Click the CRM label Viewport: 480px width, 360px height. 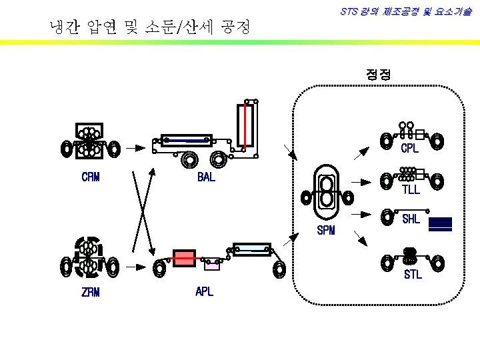pyautogui.click(x=91, y=177)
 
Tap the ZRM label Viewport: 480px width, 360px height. pyautogui.click(x=91, y=291)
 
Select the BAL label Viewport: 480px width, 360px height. pyautogui.click(x=206, y=178)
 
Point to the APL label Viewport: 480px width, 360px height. pyautogui.click(x=204, y=291)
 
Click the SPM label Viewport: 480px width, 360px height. pyautogui.click(x=326, y=231)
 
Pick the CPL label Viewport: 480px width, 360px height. pyautogui.click(x=409, y=149)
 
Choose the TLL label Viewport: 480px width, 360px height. pyautogui.click(x=411, y=190)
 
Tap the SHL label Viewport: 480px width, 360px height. pyautogui.click(x=411, y=218)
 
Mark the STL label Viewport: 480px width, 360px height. pyautogui.click(x=413, y=274)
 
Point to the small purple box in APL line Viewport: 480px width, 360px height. pyautogui.click(x=212, y=265)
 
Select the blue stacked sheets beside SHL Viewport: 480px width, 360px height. pyautogui.click(x=440, y=223)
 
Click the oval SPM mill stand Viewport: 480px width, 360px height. pyautogui.click(x=327, y=193)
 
